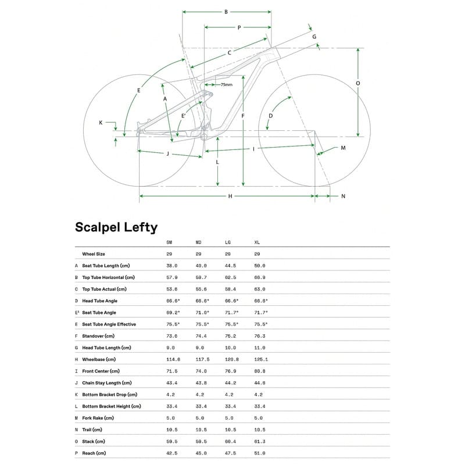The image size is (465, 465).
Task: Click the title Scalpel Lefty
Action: tap(116, 227)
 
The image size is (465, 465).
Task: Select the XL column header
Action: tap(257, 242)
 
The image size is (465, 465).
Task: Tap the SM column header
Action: tap(169, 242)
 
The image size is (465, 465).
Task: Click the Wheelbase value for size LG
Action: tap(231, 359)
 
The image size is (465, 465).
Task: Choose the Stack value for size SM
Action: tap(171, 441)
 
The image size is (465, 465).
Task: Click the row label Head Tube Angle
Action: tap(100, 301)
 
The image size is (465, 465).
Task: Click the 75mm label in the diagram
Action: tap(226, 85)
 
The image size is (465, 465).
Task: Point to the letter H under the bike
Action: tap(230, 196)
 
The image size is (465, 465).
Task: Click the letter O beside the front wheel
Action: tap(357, 83)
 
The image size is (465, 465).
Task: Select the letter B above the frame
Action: tap(226, 12)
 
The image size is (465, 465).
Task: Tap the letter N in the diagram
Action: tap(343, 196)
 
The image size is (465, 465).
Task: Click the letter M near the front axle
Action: tap(343, 148)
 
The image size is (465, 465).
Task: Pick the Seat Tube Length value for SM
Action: tap(171, 266)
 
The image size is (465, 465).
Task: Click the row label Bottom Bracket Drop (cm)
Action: tap(109, 394)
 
